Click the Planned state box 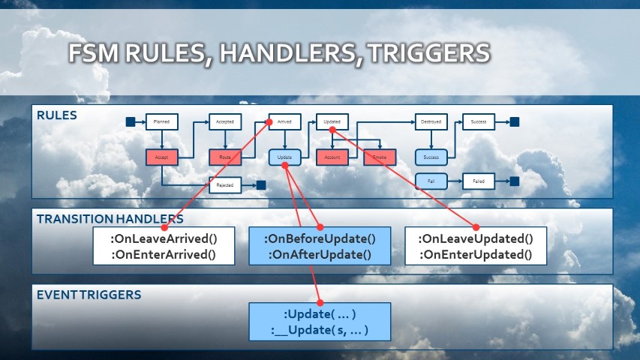click(x=161, y=121)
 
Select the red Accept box click(x=161, y=157)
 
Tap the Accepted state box click(x=224, y=121)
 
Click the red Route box click(x=224, y=157)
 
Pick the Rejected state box click(x=224, y=184)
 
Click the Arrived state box click(x=285, y=121)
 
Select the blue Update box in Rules click(x=285, y=157)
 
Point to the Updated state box click(x=332, y=121)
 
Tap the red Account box click(x=332, y=157)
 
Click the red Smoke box click(x=380, y=157)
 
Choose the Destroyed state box click(x=431, y=121)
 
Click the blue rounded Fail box click(x=431, y=181)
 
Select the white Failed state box click(x=479, y=181)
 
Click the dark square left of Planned click(x=130, y=121)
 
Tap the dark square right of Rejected click(x=260, y=184)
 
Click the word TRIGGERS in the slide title click(x=425, y=54)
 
